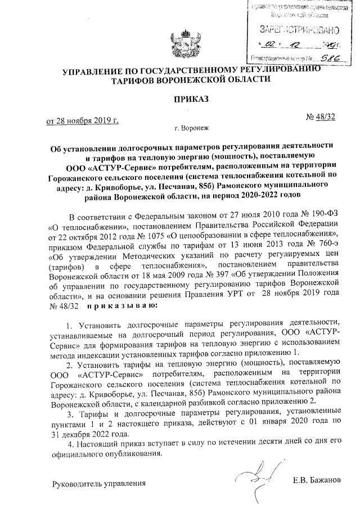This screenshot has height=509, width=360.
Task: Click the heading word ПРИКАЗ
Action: click(179, 100)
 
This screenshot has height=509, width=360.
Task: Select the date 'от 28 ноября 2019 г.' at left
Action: click(82, 120)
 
